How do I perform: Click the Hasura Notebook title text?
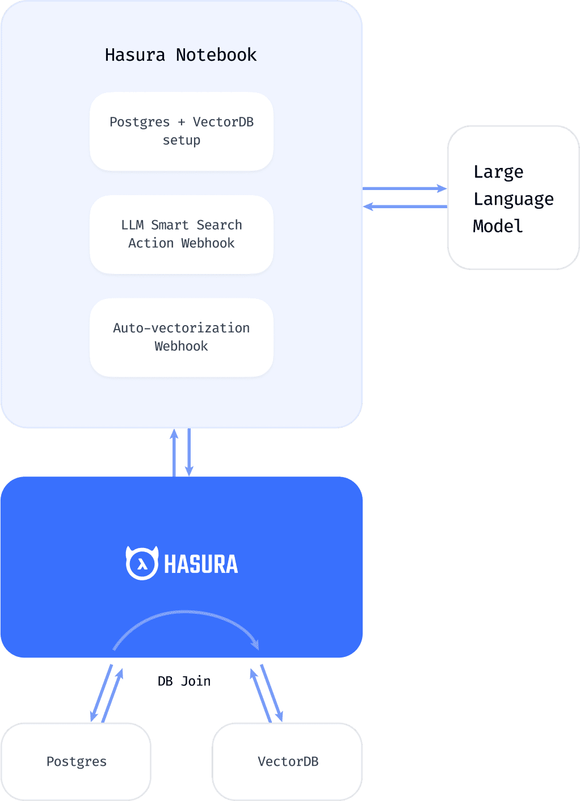[x=180, y=55]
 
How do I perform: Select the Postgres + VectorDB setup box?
[x=181, y=131]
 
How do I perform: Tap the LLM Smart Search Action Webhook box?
[x=181, y=234]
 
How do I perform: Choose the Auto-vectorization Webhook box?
[x=181, y=337]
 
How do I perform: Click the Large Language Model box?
[x=513, y=197]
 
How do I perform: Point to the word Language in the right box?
[x=513, y=199]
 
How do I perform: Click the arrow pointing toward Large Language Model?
[x=405, y=188]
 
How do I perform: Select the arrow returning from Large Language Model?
[x=405, y=206]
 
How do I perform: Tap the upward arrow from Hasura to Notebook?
[x=174, y=452]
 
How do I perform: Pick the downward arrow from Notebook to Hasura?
[x=189, y=452]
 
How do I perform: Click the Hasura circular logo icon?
[x=142, y=563]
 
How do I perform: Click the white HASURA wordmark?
[x=201, y=564]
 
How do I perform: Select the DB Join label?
[x=184, y=681]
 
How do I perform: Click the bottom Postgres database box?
[x=76, y=761]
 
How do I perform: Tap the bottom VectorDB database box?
[x=287, y=761]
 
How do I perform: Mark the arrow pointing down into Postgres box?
[x=101, y=693]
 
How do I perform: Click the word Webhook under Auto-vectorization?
[x=181, y=346]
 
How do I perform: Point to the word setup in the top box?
[x=181, y=140]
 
